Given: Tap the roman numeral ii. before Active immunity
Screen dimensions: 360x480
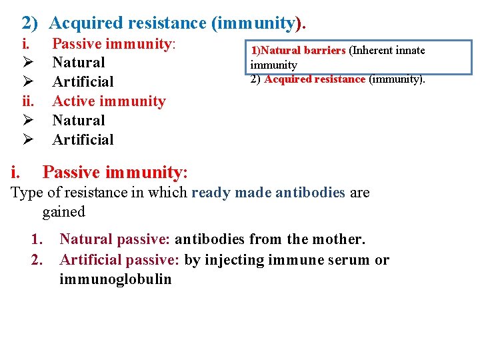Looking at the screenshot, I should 27,101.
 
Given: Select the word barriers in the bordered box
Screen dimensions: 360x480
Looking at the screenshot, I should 325,51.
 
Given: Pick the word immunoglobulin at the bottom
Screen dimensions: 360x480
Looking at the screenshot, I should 115,279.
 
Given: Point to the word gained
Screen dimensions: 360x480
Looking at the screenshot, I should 64,212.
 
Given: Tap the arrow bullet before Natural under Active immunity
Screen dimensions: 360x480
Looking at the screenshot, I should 27,121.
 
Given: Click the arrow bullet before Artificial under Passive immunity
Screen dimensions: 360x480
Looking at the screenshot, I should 27,82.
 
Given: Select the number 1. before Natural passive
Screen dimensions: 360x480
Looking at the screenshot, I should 38,239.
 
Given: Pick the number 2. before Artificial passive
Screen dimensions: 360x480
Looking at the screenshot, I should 38,260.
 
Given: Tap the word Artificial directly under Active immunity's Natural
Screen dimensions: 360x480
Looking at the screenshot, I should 83,140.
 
